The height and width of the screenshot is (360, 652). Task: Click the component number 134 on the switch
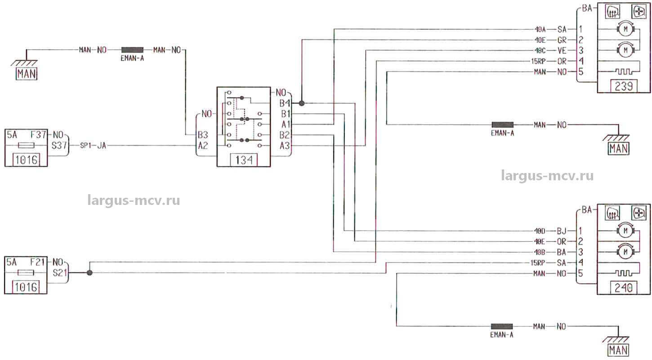click(244, 160)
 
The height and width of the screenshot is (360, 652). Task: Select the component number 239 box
click(624, 86)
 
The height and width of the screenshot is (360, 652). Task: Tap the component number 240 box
click(624, 288)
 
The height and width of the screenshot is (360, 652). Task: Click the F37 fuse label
click(38, 134)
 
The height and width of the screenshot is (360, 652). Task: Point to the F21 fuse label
click(38, 262)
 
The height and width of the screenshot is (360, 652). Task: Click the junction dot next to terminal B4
click(302, 103)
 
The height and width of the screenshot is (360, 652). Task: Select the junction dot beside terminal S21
click(89, 273)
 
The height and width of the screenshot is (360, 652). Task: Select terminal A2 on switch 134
click(203, 146)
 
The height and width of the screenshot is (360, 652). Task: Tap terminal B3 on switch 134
click(203, 135)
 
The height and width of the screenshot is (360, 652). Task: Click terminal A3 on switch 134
click(284, 146)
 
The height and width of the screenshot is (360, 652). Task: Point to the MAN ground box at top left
click(26, 74)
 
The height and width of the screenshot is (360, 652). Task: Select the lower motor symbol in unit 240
click(624, 252)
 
